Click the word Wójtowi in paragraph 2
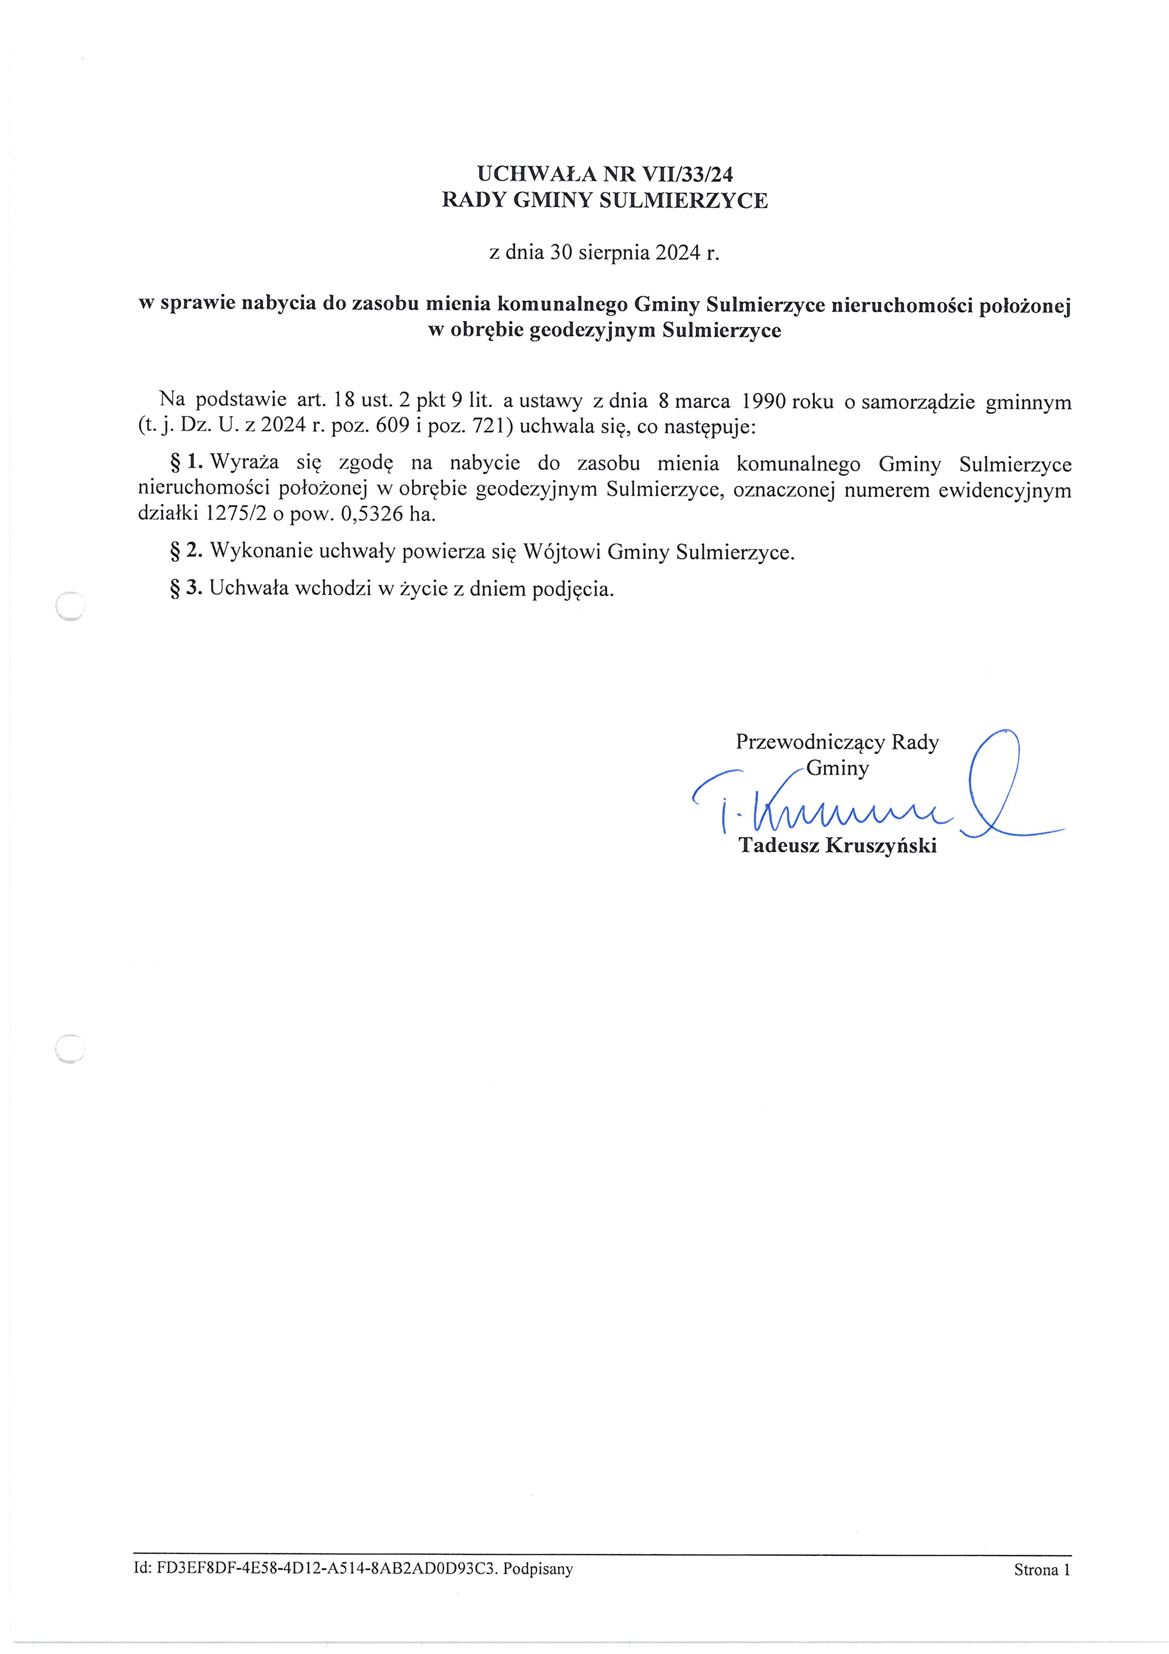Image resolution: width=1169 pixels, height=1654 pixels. (x=562, y=552)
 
